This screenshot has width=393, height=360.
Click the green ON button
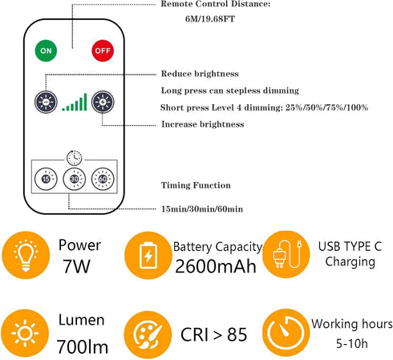(x=46, y=50)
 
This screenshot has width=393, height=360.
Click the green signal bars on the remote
(x=74, y=102)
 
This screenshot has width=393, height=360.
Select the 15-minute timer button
(x=45, y=178)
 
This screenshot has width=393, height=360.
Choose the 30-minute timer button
(x=74, y=178)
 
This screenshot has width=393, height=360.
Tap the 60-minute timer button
(x=102, y=178)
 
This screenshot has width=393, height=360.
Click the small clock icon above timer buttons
(x=73, y=158)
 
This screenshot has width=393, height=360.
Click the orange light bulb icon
(x=25, y=257)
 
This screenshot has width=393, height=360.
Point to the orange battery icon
(x=148, y=257)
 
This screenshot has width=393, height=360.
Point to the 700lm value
(x=81, y=346)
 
